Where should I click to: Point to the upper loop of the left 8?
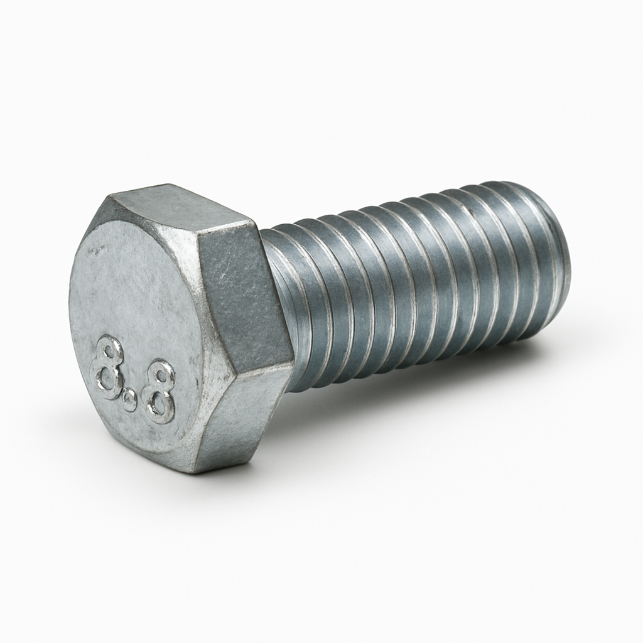coord(110,350)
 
